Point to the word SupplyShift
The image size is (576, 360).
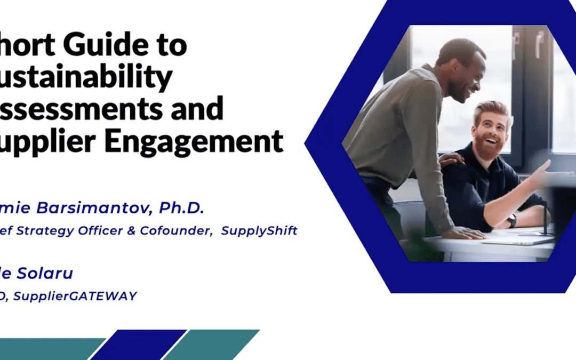point(259,230)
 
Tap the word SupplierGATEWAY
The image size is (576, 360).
point(75,295)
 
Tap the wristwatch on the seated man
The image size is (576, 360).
point(511,220)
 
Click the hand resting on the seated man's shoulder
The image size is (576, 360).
point(451,159)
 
